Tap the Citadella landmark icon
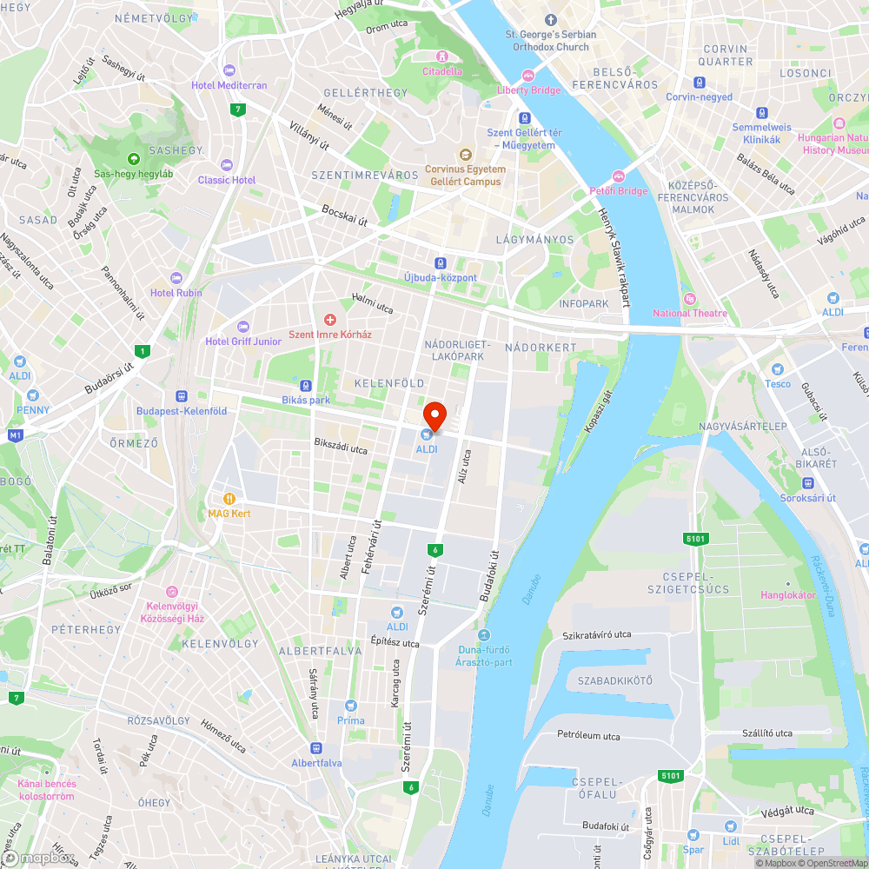442,56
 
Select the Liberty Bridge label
529,90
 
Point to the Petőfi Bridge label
620,191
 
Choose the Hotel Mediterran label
229,85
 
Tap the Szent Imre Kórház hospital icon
329,321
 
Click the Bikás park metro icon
306,386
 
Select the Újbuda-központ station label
441,278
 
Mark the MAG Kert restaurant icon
229,499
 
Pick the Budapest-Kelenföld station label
182,411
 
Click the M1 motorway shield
15,434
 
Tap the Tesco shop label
778,384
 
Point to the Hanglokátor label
788,595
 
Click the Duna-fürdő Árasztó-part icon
484,635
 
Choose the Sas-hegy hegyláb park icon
134,159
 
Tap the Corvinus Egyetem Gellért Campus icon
465,154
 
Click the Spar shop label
693,850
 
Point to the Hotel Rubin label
176,293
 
